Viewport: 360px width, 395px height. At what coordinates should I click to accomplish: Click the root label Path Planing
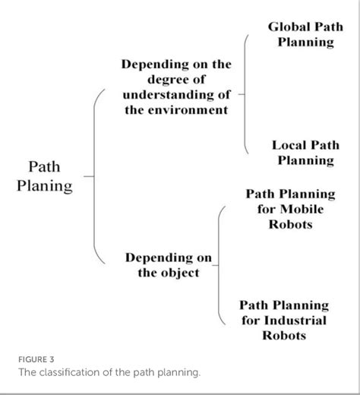pos(45,176)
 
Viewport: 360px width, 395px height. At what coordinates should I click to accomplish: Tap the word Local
pos(289,144)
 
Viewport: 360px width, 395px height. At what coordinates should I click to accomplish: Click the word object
pos(182,273)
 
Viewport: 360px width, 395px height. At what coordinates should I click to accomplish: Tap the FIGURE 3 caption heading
pos(36,359)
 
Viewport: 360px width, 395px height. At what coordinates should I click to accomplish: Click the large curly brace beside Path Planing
pos(96,176)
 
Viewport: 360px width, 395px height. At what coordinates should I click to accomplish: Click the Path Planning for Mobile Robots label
pos(290,209)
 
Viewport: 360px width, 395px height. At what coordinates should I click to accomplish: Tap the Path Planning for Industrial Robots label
pos(284,320)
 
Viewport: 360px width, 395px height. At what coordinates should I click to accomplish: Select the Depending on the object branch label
pos(169,265)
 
